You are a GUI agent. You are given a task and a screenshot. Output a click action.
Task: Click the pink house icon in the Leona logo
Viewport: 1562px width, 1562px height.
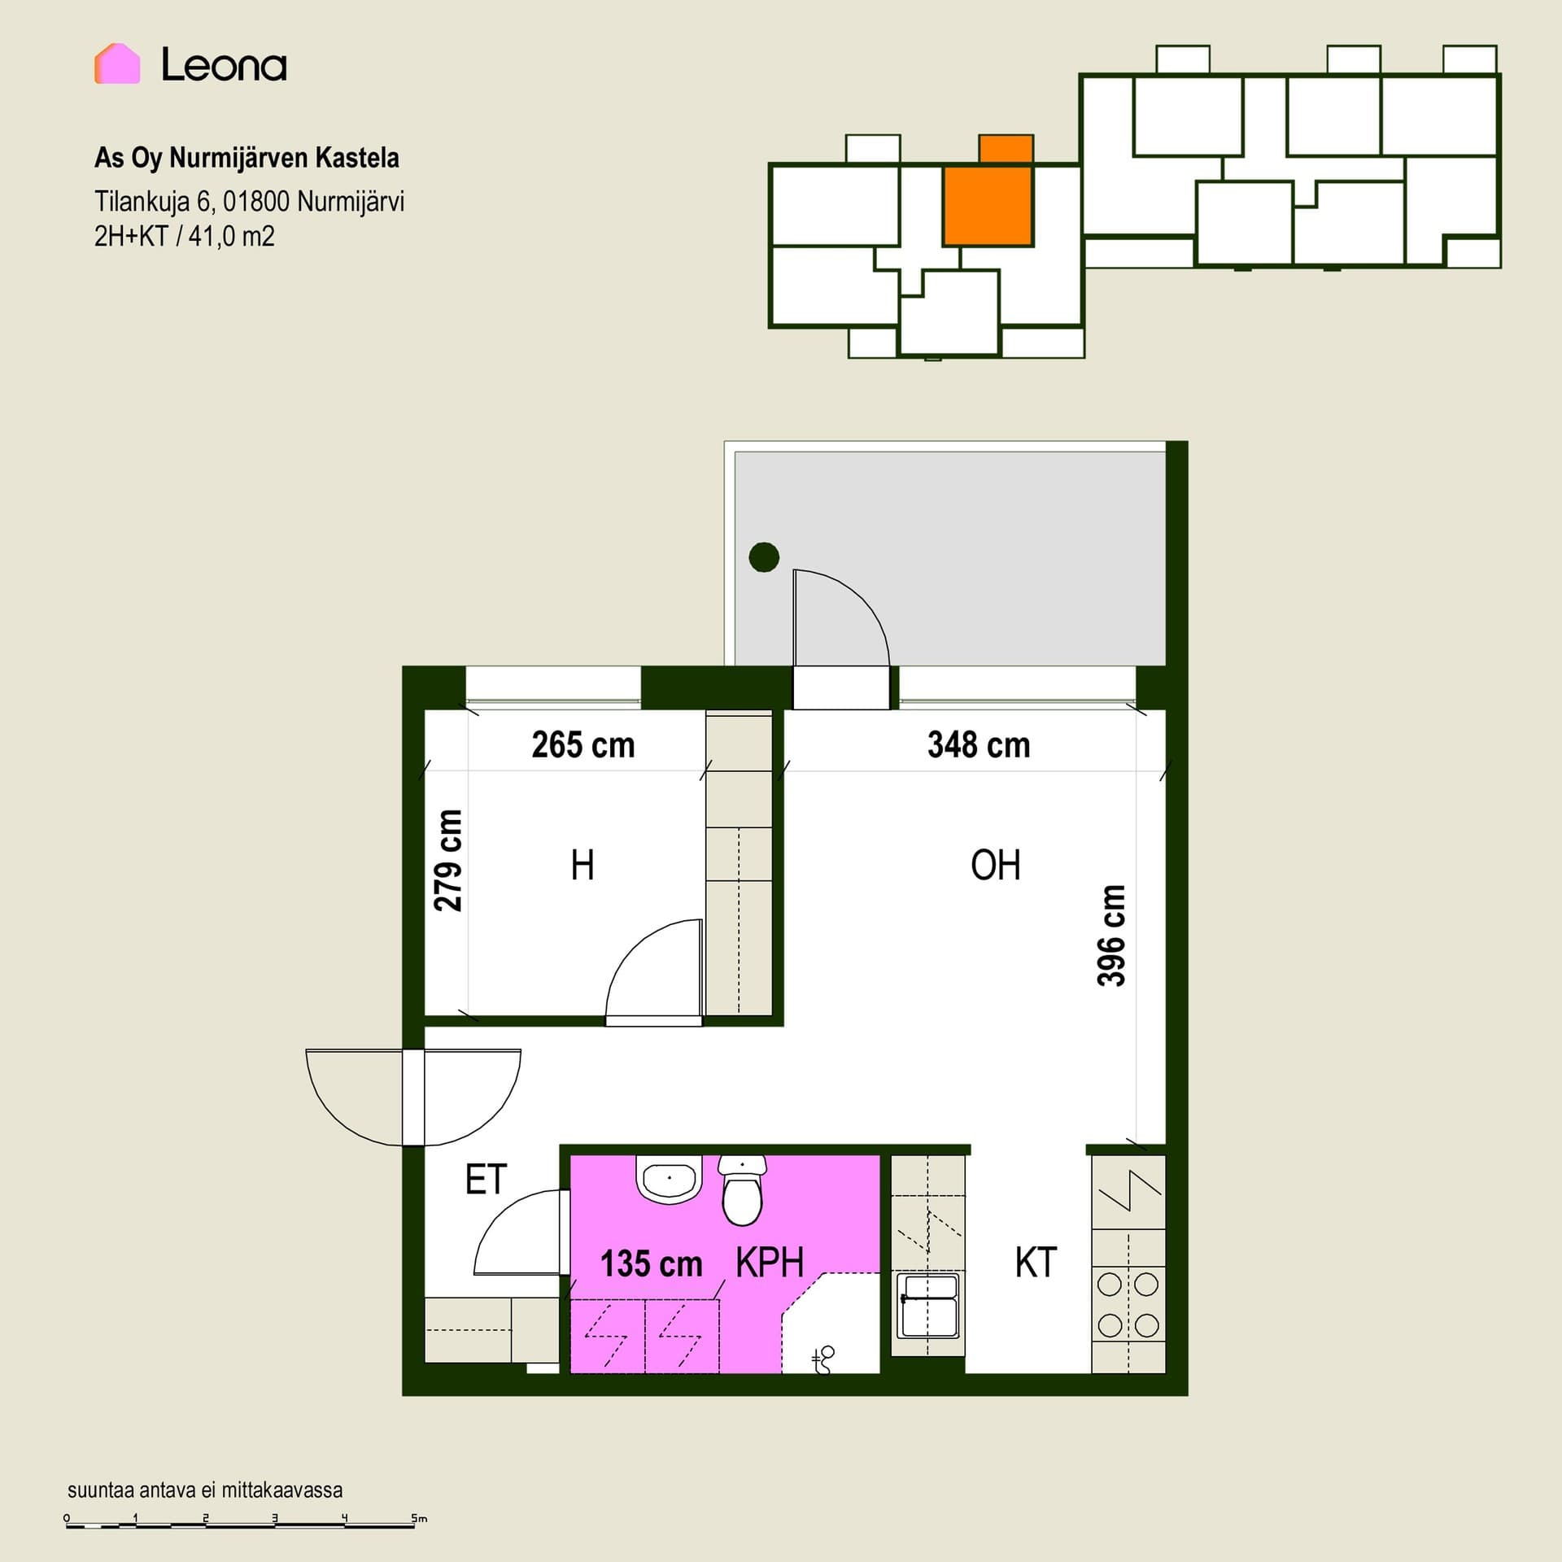[117, 63]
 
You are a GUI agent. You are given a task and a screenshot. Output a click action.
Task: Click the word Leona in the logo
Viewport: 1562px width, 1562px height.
[224, 65]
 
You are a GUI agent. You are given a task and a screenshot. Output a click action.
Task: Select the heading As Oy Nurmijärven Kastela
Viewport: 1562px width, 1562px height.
[247, 158]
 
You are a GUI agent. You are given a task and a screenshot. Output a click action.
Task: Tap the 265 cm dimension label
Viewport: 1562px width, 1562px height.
[583, 744]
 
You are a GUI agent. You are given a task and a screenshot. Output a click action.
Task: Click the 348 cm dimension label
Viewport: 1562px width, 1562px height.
[979, 744]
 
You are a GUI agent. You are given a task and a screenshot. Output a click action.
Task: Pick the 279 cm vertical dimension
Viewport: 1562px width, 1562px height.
[447, 861]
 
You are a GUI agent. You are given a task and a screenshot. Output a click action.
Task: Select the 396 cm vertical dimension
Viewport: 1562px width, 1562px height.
[1111, 936]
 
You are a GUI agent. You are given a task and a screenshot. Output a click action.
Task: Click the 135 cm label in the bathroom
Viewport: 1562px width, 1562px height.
[651, 1263]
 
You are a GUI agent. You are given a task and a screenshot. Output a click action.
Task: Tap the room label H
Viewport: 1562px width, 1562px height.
[582, 865]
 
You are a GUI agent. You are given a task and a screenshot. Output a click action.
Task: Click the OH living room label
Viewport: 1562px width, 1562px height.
[995, 865]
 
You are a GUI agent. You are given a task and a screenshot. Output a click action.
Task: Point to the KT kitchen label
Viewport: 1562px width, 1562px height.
[1035, 1263]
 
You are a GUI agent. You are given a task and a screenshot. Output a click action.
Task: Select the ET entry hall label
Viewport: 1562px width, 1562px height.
[486, 1179]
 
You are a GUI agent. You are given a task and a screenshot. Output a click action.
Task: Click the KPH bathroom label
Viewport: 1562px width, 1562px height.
[770, 1263]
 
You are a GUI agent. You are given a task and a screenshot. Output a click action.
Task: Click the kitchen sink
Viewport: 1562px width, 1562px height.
[927, 1307]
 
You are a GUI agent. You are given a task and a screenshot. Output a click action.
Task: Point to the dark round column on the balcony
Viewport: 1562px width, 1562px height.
[764, 557]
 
